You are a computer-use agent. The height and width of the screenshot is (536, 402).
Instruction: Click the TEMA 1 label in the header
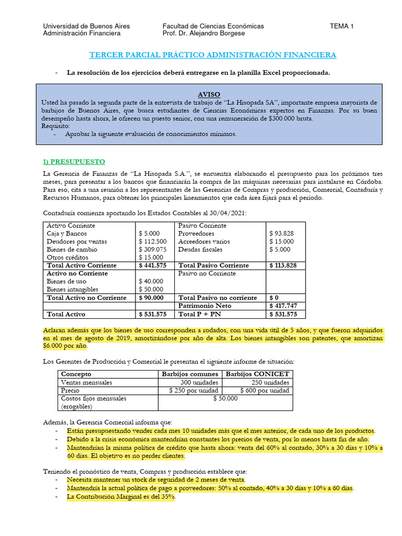[x=341, y=26]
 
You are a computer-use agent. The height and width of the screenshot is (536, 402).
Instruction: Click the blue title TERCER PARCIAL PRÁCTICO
[x=213, y=54]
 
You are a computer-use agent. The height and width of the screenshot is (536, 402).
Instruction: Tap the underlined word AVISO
[x=209, y=94]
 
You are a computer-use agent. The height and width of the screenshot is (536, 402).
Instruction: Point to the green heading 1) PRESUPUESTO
[x=74, y=161]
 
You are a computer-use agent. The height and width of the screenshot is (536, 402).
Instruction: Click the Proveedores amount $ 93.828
[x=282, y=233]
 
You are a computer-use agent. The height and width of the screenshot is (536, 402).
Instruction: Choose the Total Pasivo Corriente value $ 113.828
[x=283, y=265]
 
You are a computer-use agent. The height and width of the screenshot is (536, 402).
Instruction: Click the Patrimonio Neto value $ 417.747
[x=283, y=306]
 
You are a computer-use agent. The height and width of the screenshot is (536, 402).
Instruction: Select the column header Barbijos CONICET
[x=257, y=374]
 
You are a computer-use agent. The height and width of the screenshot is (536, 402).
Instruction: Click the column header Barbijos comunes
[x=190, y=374]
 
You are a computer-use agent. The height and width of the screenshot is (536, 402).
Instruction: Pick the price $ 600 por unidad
[x=264, y=390]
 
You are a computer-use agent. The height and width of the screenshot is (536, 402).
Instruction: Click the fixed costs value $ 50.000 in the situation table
[x=226, y=398]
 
